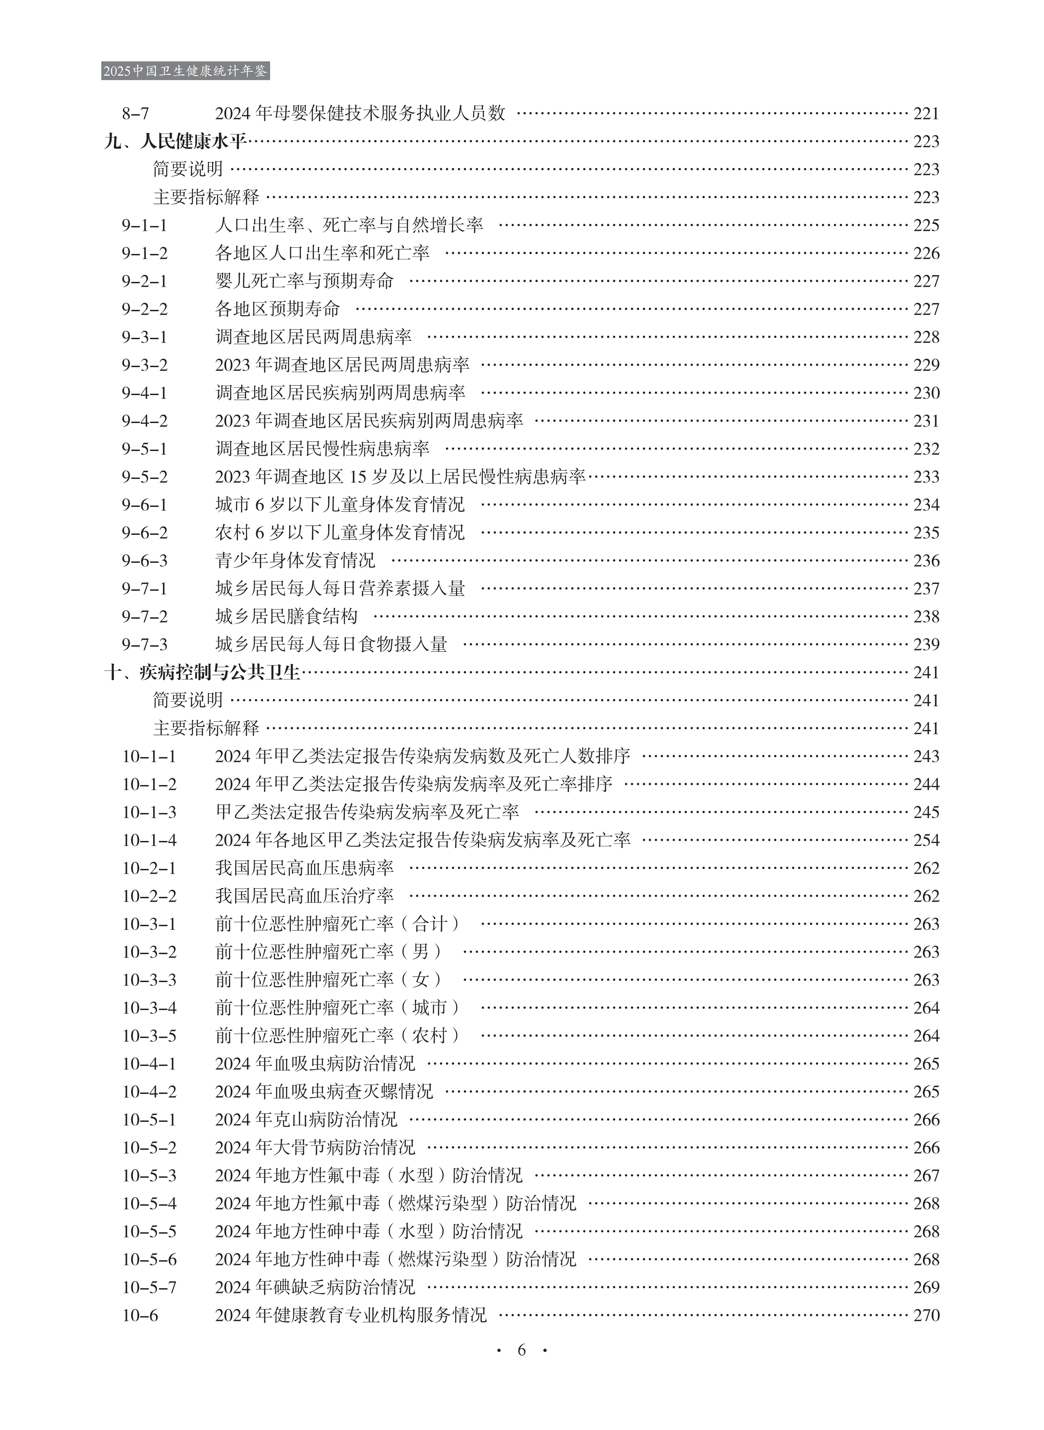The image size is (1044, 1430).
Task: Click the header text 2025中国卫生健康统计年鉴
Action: [185, 71]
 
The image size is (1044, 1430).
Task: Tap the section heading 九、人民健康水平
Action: [175, 141]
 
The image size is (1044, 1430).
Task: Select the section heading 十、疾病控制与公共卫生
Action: [202, 673]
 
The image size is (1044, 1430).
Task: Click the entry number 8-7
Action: [135, 114]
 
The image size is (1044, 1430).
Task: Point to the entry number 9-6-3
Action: [145, 561]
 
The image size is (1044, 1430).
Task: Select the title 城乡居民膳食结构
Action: [286, 616]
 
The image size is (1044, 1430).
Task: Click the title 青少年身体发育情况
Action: [295, 561]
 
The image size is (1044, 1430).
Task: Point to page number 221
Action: [926, 114]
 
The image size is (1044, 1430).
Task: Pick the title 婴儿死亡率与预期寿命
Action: [305, 281]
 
